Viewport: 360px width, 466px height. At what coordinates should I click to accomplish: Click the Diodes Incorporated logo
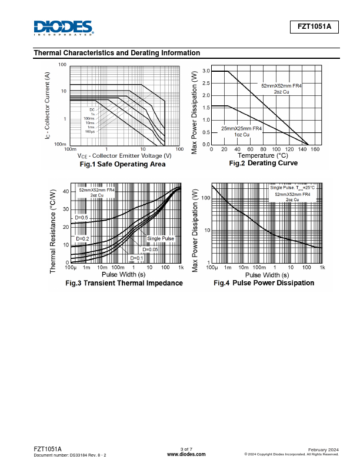coord(64,28)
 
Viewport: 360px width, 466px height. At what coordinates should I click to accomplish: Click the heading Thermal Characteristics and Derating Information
coord(117,53)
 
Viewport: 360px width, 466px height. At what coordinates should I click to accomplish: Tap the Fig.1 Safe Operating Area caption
coord(122,164)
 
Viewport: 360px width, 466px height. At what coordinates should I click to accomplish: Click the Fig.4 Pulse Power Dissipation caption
coord(264,283)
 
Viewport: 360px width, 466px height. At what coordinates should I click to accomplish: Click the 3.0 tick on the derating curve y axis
coord(206,71)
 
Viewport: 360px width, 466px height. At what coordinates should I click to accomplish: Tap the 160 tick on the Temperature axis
coord(315,149)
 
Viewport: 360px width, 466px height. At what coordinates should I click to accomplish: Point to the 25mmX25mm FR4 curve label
coord(242,128)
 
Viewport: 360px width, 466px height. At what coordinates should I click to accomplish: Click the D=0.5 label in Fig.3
coord(81,218)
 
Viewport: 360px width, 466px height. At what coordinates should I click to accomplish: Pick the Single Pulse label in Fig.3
coord(161,238)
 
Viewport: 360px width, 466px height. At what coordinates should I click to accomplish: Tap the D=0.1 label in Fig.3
coord(136,258)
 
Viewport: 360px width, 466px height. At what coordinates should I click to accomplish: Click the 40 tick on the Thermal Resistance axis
coord(65,191)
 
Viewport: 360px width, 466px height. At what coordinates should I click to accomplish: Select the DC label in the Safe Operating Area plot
coord(92,110)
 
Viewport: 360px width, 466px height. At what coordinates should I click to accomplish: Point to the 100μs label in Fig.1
coord(89,131)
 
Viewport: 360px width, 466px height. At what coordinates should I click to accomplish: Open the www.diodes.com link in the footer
coord(186,454)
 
